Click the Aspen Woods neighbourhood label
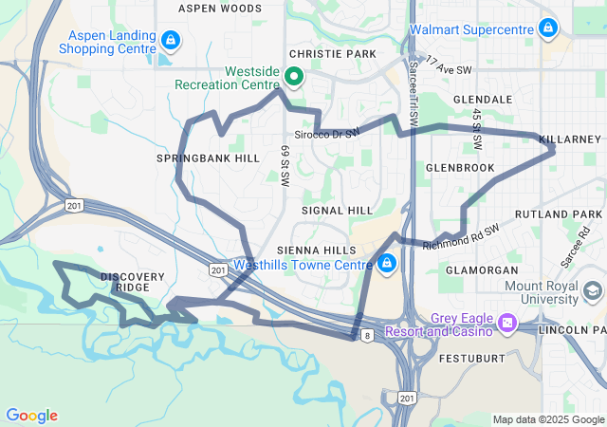click(220, 9)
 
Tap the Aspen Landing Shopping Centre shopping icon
click(171, 40)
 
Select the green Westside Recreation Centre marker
click(294, 77)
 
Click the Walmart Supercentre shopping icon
click(547, 29)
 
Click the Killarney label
click(570, 139)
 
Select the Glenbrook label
click(460, 167)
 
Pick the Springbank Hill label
click(208, 158)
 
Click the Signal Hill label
click(337, 209)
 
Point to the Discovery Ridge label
click(133, 282)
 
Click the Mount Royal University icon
click(593, 289)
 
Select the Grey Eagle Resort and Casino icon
click(506, 325)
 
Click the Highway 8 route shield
click(366, 335)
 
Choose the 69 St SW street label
click(285, 165)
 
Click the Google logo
click(31, 416)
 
